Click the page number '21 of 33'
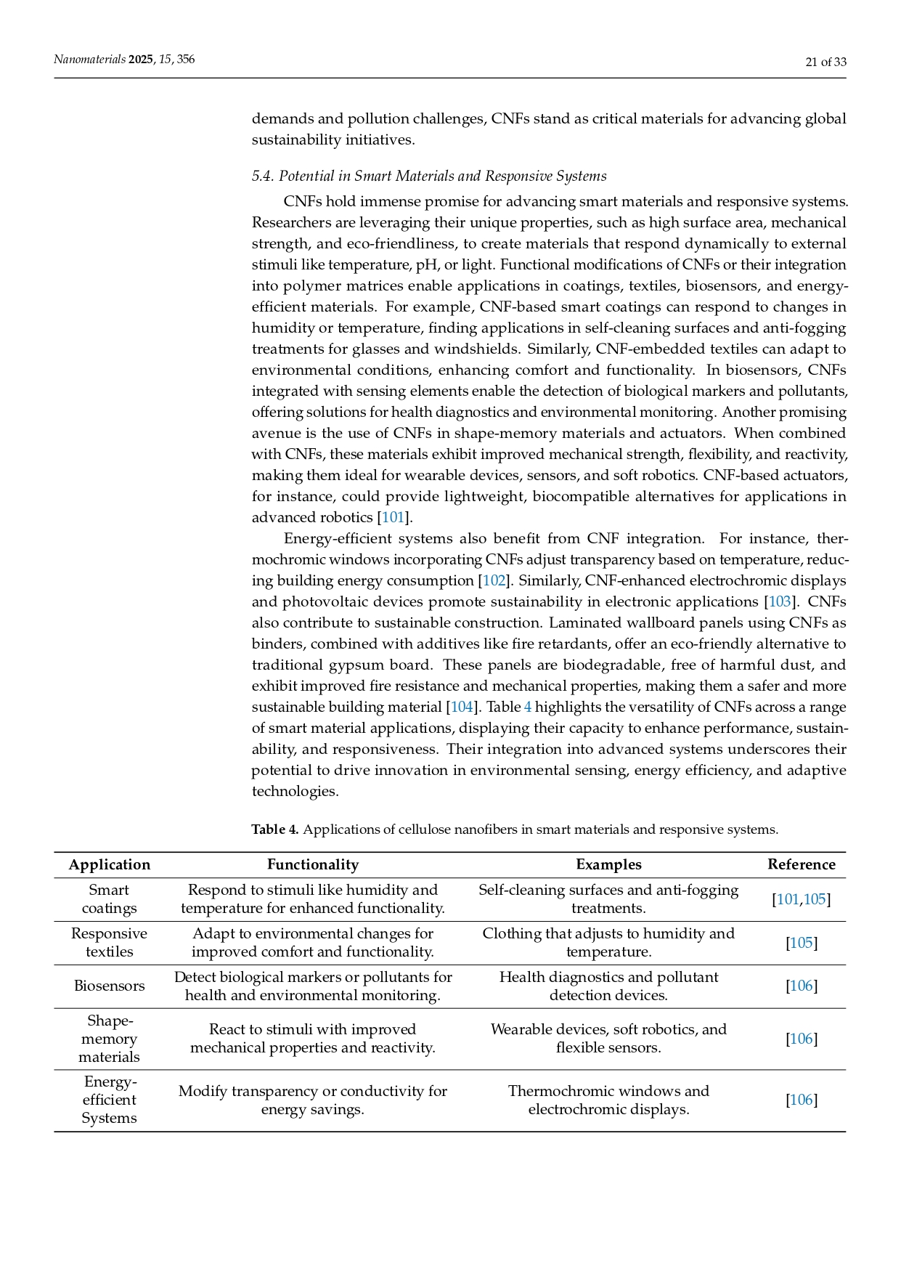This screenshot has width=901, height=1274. tap(825, 62)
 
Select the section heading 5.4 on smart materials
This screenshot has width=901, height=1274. tap(428, 176)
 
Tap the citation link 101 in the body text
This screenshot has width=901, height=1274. tap(393, 517)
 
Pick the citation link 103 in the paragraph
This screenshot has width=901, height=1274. tap(779, 601)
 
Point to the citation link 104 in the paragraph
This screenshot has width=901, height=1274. tap(462, 707)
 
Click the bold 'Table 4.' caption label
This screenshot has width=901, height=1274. tap(275, 829)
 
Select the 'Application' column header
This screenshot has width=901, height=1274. tap(109, 864)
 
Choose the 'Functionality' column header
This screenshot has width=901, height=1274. tap(312, 864)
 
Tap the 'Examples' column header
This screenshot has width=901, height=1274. tap(608, 864)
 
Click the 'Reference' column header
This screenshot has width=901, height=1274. tap(801, 864)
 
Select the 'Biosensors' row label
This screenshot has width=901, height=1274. tap(109, 986)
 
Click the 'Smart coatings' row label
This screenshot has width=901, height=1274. tap(109, 899)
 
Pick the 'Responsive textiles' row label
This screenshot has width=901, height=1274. tap(109, 943)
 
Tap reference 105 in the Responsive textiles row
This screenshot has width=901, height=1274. tap(802, 943)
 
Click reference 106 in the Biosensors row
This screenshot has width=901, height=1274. tap(802, 986)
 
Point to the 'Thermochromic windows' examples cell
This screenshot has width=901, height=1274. tap(608, 1100)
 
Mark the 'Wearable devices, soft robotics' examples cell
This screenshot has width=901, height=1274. tap(608, 1038)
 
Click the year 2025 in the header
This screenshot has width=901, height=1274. tap(141, 60)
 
